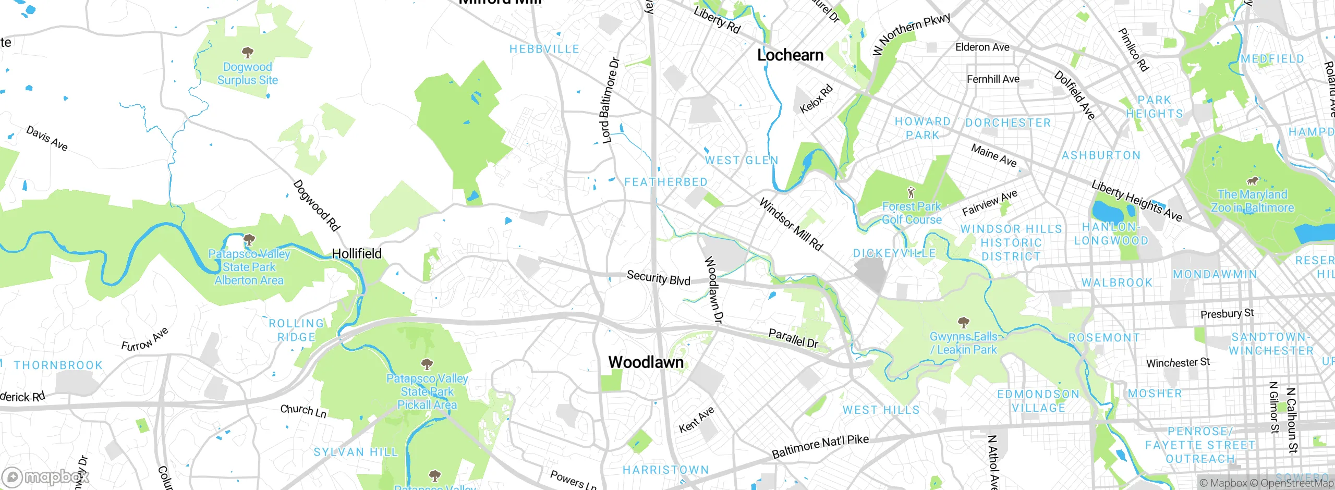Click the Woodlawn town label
coord(646,362)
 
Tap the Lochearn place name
coord(790,55)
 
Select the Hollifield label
coord(357,254)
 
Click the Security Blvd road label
coord(658,277)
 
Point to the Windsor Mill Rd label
coord(791,224)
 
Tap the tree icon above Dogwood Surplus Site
coord(248,52)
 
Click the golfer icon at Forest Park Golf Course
coord(911,192)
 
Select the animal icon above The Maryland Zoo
coord(1252,181)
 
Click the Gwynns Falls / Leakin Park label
coord(963,343)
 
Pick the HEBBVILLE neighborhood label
coord(544,49)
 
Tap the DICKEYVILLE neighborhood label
coord(894,253)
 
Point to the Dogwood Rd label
coord(316,205)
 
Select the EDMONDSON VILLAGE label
coord(1038,401)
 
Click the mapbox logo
coord(46,477)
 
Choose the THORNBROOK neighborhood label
coord(58,365)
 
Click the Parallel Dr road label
coord(793,338)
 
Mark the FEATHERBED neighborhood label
coord(665,182)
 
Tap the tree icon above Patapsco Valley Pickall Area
coord(427,363)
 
